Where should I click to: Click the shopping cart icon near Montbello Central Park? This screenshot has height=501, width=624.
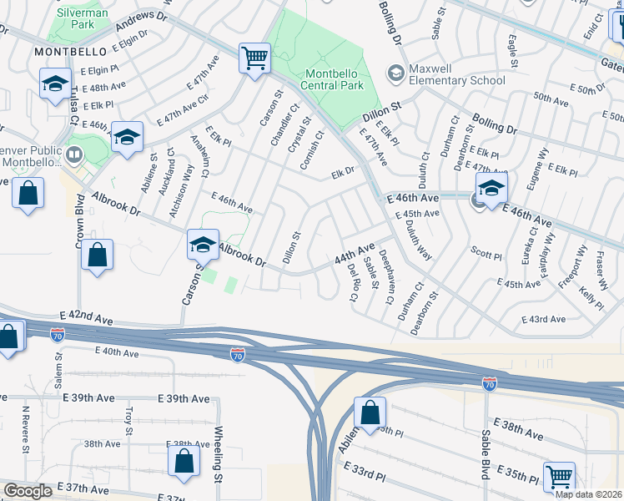(x=255, y=58)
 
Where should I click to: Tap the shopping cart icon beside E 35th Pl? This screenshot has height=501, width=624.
(x=559, y=477)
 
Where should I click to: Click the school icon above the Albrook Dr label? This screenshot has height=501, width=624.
(x=203, y=245)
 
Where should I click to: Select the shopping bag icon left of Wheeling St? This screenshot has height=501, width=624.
(x=184, y=461)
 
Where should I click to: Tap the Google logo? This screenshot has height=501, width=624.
(x=28, y=491)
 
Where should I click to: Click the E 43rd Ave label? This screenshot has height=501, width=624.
(x=543, y=319)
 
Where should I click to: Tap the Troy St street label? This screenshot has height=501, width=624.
(x=128, y=421)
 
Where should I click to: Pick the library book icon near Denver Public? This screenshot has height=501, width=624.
(x=74, y=154)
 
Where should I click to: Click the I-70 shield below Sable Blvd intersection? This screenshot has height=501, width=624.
(x=490, y=383)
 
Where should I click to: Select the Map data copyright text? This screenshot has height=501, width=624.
(x=589, y=494)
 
